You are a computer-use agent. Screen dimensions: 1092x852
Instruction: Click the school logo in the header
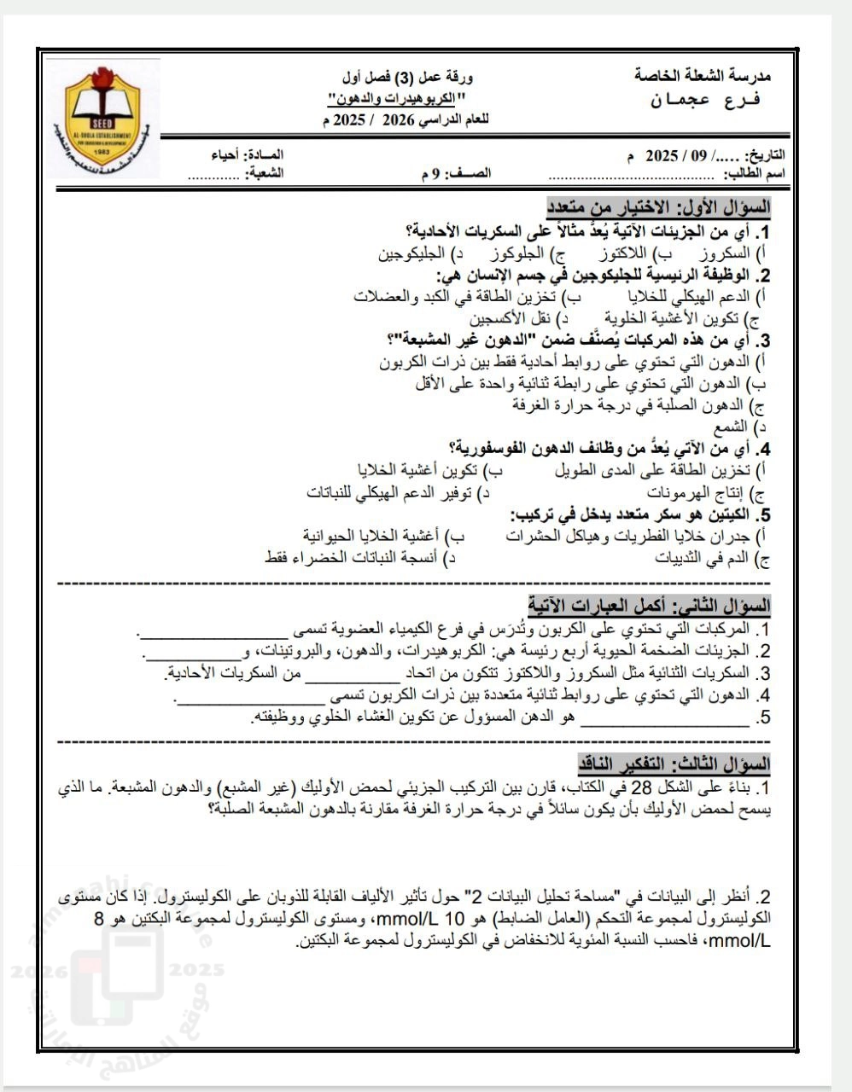coord(102,119)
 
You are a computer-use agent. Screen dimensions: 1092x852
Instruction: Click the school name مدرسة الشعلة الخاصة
coord(702,76)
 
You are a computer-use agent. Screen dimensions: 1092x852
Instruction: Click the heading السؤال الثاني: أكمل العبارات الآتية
coord(650,607)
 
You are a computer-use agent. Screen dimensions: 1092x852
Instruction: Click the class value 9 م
coord(431,174)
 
